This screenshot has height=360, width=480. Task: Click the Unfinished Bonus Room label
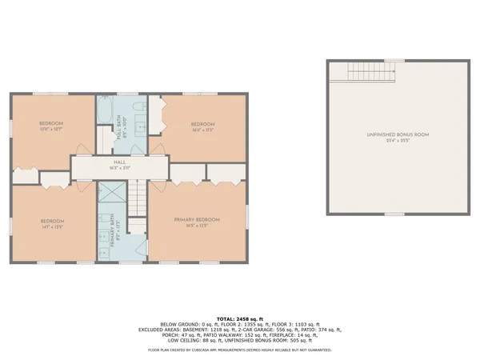point(398,134)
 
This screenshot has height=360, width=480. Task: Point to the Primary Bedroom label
point(198,219)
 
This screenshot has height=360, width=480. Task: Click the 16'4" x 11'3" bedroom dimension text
point(202,130)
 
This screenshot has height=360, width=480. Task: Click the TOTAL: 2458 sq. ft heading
point(240,318)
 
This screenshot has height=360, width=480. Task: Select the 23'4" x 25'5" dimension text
point(398,141)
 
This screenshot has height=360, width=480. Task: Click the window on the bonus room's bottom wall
point(394,214)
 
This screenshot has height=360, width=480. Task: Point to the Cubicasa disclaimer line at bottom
point(240,350)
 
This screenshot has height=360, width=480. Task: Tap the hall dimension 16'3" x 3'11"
point(118,169)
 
